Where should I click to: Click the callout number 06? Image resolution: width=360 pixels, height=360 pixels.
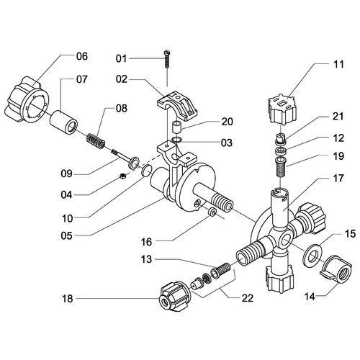point(82,56)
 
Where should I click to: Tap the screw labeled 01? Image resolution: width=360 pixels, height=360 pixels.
point(167,59)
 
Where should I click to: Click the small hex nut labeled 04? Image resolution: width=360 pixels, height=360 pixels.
point(122,176)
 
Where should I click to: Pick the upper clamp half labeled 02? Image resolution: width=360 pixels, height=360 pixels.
point(177,106)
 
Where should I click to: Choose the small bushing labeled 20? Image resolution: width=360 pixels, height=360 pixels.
point(176,129)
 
